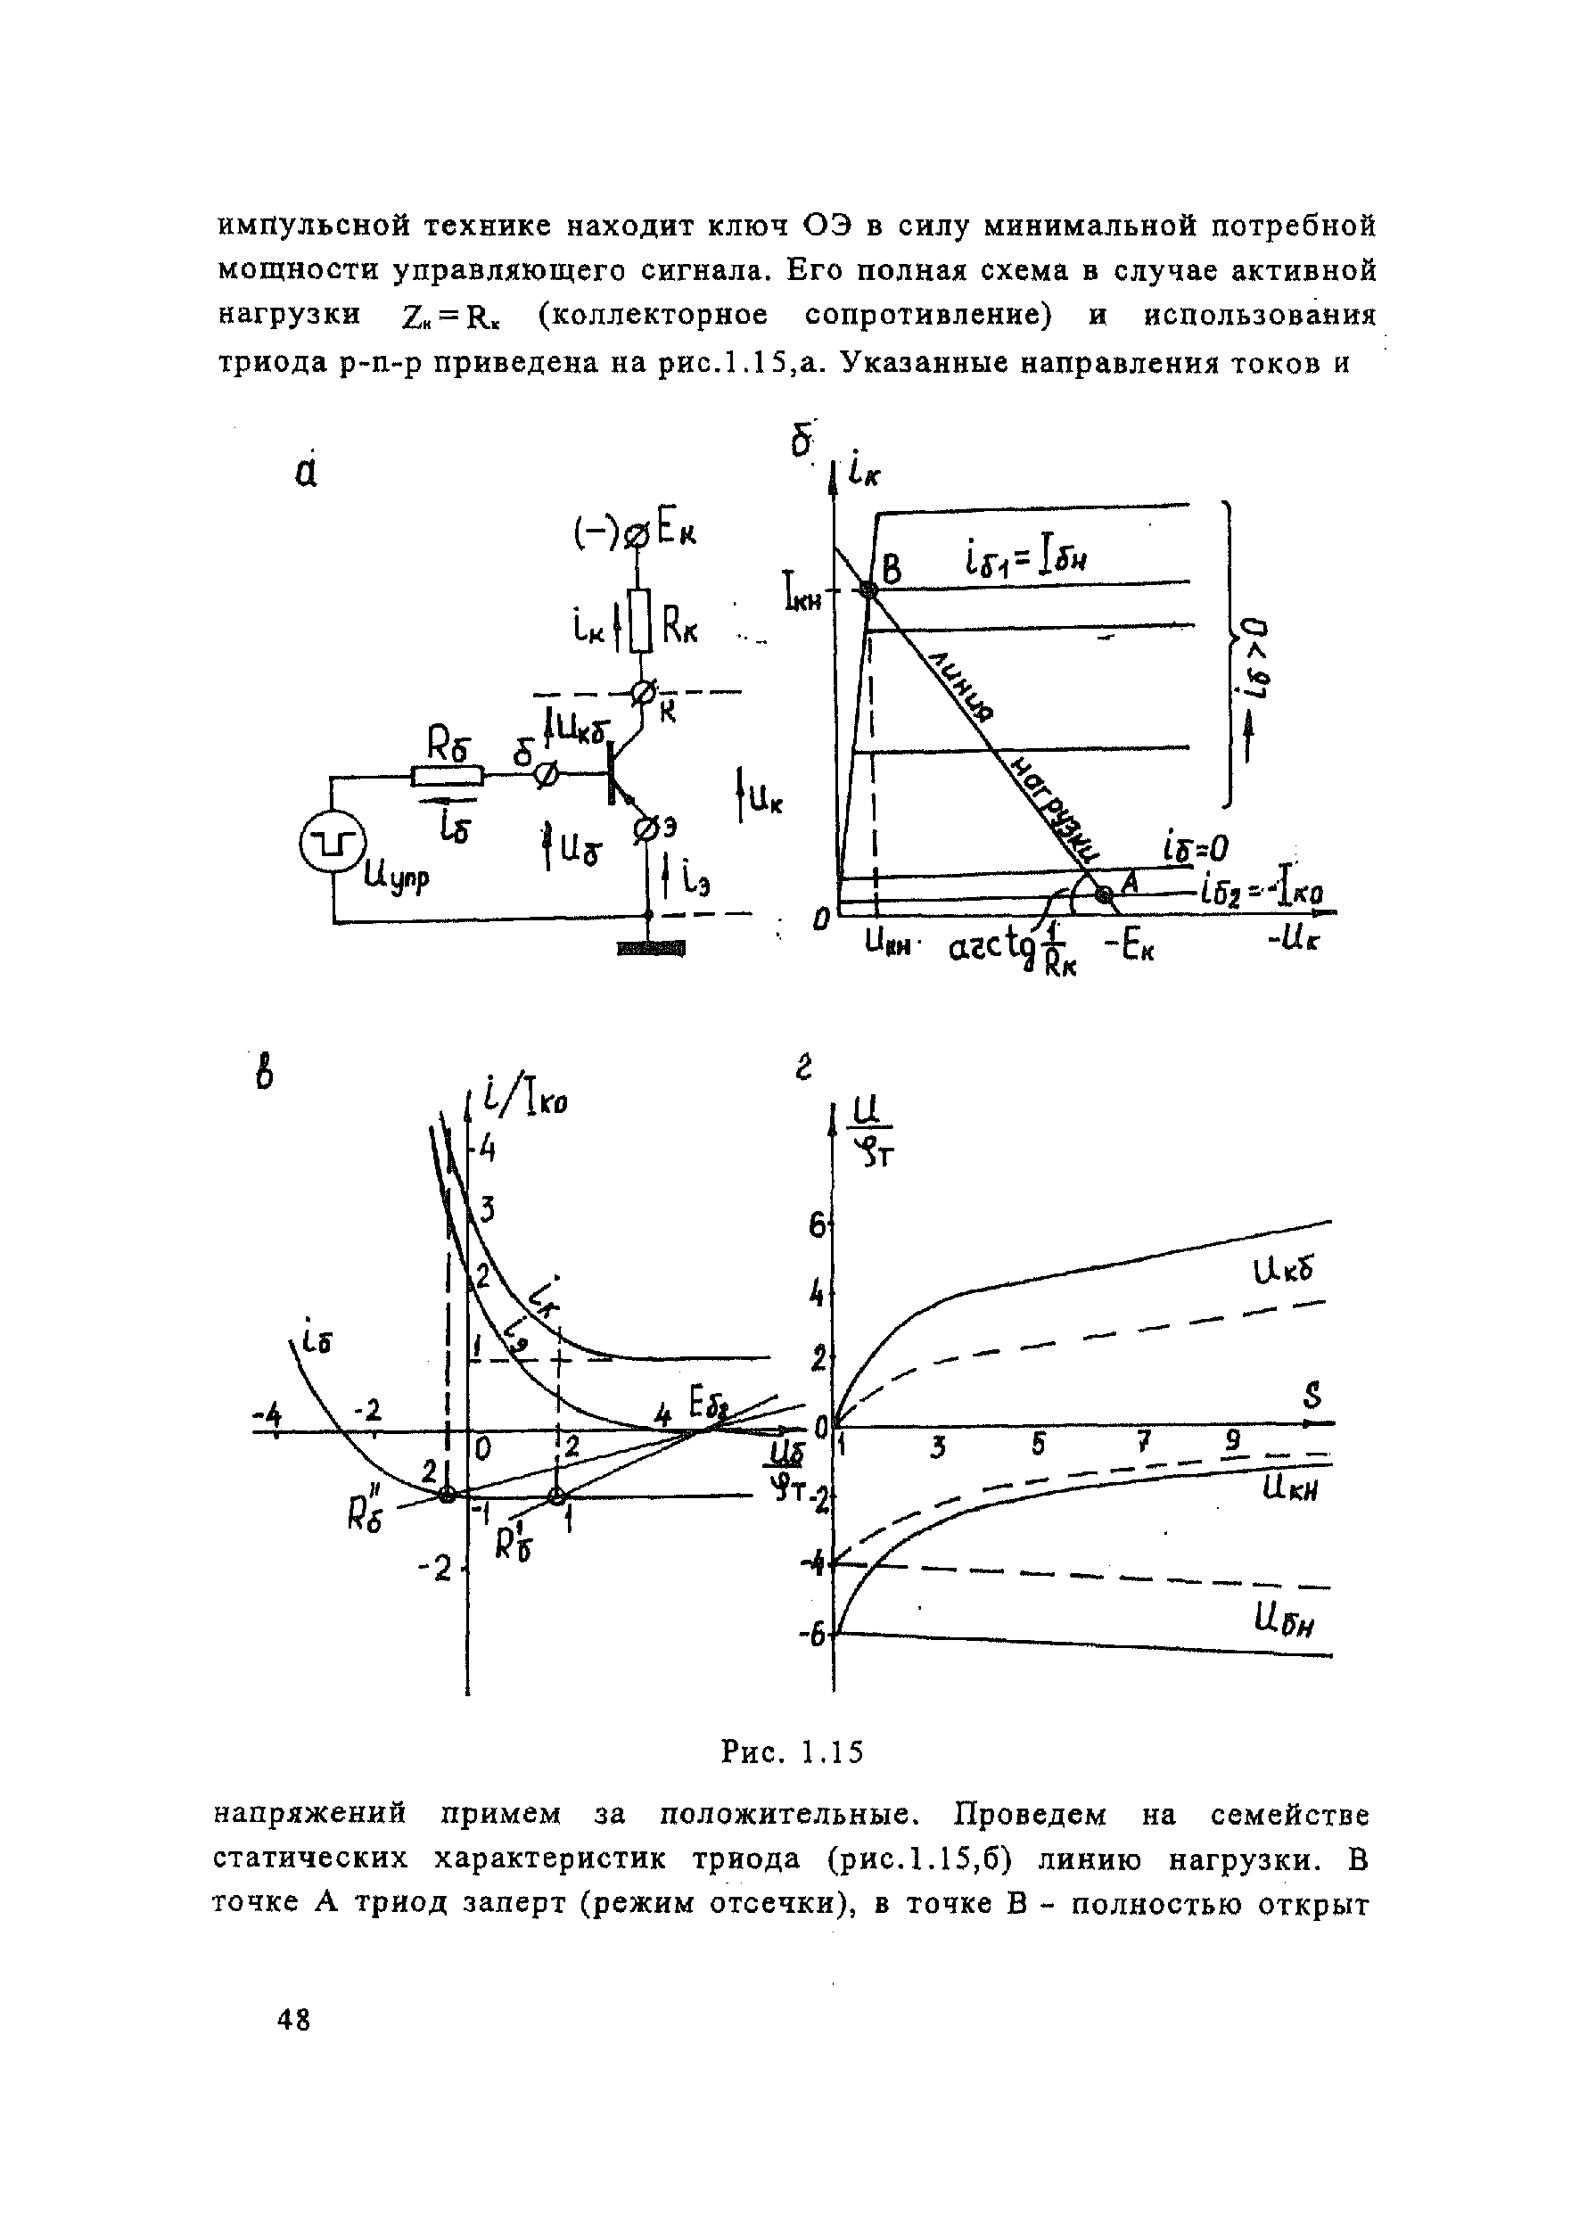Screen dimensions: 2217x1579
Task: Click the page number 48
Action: (292, 2020)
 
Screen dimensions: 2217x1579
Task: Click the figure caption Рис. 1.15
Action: (792, 1752)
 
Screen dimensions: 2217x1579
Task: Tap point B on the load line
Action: (868, 590)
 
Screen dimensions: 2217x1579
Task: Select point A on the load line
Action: (1102, 895)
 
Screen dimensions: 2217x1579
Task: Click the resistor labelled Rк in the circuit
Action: (640, 620)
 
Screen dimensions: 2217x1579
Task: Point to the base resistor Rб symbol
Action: (448, 775)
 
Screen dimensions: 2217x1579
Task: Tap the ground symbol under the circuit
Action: (651, 947)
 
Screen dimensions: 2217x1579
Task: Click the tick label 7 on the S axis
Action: (1143, 1442)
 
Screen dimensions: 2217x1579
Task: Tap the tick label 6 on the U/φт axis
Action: (818, 1227)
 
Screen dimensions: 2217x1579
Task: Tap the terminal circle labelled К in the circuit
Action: (643, 693)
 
